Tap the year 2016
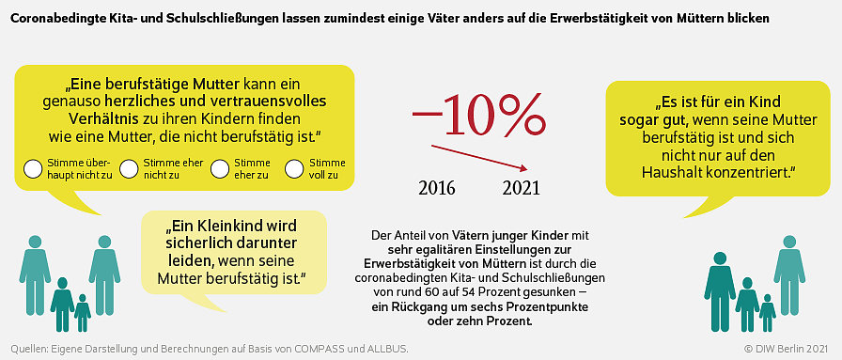(437, 188)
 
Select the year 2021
(522, 188)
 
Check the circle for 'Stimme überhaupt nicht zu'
(33, 168)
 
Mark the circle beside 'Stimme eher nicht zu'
(129, 168)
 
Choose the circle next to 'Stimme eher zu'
(220, 168)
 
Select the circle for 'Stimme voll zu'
(295, 168)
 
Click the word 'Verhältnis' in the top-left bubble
(101, 118)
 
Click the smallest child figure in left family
(82, 313)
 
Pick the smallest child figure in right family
(768, 313)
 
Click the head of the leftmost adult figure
(36, 243)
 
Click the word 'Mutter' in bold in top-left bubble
(219, 85)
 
